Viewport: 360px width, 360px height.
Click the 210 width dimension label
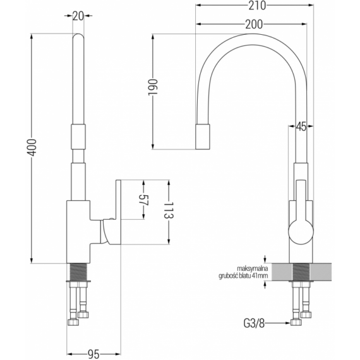[257, 6]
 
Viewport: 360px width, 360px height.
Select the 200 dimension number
[254, 24]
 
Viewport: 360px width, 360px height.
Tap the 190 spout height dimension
[152, 88]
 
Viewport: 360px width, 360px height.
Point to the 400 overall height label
[32, 147]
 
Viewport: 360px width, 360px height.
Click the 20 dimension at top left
[78, 16]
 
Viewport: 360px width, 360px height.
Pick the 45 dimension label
[301, 126]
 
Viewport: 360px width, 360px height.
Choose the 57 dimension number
[144, 200]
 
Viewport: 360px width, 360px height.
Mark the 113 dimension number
[169, 210]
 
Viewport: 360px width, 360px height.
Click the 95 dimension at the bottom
[93, 354]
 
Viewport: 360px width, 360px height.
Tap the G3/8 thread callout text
[254, 323]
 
